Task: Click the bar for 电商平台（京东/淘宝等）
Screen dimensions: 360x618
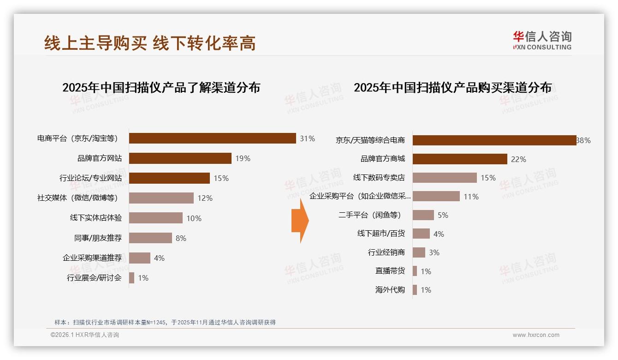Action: [x=212, y=138]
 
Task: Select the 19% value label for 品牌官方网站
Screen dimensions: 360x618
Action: [x=243, y=158]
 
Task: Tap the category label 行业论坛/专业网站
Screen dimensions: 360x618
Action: [x=91, y=178]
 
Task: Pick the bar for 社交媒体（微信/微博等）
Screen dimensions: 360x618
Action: [x=161, y=198]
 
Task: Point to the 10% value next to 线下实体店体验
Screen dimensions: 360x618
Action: [x=194, y=218]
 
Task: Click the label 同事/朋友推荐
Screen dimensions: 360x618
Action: [x=98, y=238]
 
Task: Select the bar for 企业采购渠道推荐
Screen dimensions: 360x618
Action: [x=139, y=258]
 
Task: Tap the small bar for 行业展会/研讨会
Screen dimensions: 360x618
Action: [x=131, y=278]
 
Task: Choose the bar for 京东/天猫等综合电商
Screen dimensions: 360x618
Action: [x=494, y=140]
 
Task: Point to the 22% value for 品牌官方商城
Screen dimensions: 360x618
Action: [x=518, y=159]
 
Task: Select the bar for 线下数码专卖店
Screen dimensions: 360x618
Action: [x=444, y=178]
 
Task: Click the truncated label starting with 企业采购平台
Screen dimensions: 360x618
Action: [x=360, y=196]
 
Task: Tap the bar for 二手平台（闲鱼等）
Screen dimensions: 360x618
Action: [x=423, y=215]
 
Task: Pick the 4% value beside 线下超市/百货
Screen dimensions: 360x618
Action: [x=439, y=234]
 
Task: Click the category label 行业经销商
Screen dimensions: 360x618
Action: [x=386, y=252]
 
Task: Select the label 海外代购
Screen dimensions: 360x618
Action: [x=390, y=290]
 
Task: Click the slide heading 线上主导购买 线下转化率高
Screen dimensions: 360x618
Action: [x=150, y=43]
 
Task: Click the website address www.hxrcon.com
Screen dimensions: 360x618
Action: [x=536, y=335]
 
